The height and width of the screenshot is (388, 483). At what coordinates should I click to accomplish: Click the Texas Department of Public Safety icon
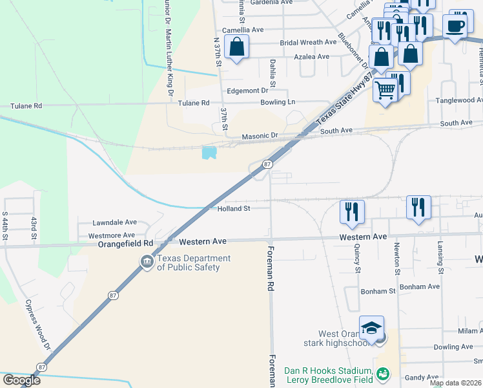tap(147, 262)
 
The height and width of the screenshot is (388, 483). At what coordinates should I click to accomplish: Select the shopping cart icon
tap(385, 91)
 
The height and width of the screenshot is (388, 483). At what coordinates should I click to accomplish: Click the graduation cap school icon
tap(372, 329)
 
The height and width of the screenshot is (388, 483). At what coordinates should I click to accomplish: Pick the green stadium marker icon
tap(383, 374)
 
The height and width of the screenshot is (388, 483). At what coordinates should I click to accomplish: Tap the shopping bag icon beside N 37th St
tap(237, 47)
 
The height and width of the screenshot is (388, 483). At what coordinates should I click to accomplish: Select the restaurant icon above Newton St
tap(418, 207)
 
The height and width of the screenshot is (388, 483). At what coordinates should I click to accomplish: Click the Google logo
tap(21, 380)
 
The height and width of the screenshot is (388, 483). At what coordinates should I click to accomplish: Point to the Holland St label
tap(233, 209)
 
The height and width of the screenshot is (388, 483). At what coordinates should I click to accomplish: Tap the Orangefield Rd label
tap(125, 243)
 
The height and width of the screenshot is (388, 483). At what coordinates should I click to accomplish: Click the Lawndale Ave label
tap(114, 222)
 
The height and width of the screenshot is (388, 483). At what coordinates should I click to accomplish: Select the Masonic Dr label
tap(259, 137)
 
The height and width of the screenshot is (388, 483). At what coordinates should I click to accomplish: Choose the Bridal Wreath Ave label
tap(308, 43)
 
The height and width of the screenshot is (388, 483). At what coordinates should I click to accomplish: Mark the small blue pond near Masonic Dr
tap(209, 153)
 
